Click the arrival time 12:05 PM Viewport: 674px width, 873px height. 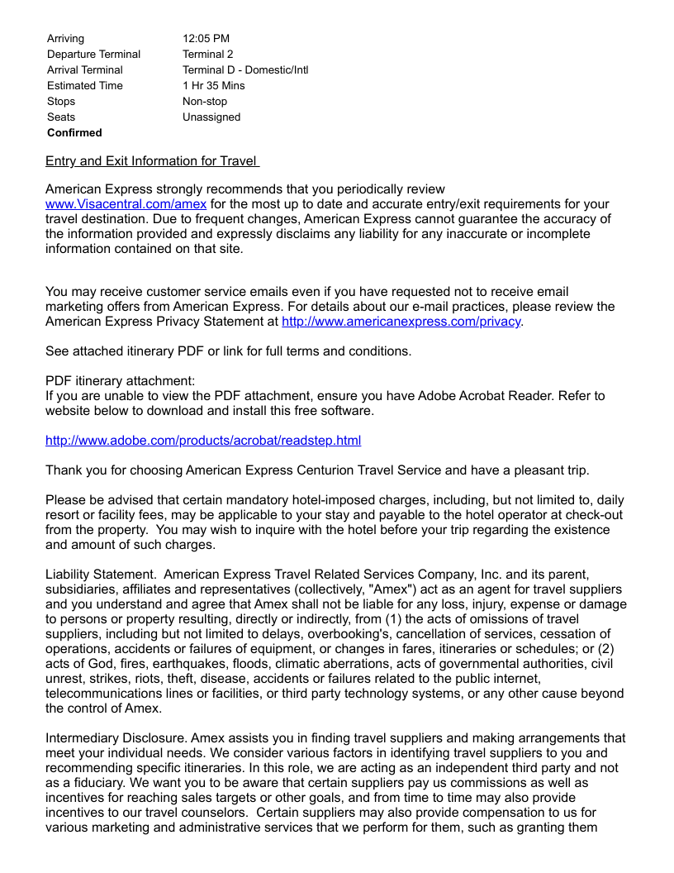(206, 39)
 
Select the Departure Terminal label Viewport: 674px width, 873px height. (93, 55)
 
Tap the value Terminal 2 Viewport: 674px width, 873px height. (208, 55)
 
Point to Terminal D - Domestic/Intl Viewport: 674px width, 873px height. (245, 70)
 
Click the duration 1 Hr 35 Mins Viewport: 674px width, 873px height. (214, 86)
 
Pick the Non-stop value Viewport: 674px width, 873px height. (205, 102)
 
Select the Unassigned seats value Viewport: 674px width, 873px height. (211, 117)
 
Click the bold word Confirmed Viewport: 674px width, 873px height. (74, 133)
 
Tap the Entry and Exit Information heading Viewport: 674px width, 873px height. (152, 161)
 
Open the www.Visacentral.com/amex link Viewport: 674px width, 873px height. (126, 204)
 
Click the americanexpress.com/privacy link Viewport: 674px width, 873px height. (401, 322)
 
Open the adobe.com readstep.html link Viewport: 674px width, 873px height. (203, 441)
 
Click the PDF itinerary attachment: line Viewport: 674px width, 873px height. (121, 381)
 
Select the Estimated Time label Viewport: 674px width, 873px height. (85, 86)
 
